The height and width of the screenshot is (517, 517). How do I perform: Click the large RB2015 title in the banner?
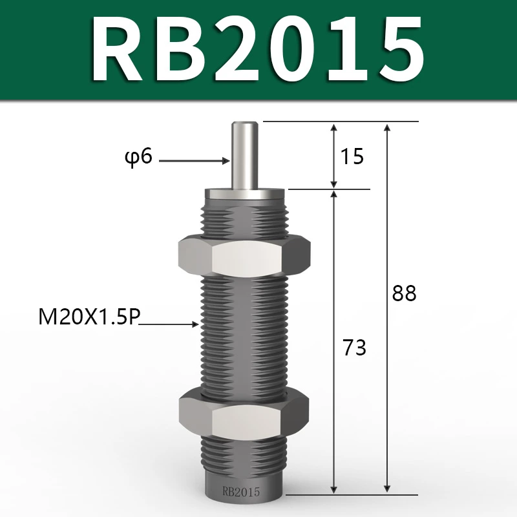coord(258,50)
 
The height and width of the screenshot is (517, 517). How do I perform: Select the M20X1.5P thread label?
coord(89,319)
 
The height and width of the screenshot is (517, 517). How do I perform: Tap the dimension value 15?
coord(352,156)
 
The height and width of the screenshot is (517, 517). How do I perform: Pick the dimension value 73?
coord(353,348)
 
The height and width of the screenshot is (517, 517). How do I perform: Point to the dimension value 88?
coord(405,294)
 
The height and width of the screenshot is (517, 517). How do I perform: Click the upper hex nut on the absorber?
coord(243,257)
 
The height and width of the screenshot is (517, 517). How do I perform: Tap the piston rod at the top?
coord(243,155)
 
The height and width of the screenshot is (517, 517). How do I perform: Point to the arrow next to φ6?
coord(194,160)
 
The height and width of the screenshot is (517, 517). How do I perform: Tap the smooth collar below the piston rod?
coord(243,194)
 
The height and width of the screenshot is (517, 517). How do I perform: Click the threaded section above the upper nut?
coord(243,220)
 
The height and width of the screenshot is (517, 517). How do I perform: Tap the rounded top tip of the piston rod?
coord(243,122)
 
